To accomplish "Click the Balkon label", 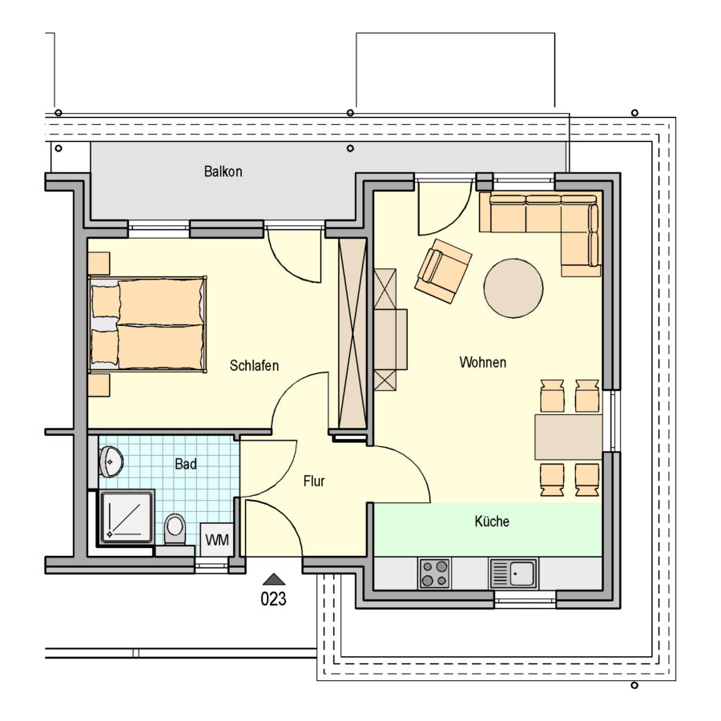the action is (x=223, y=171).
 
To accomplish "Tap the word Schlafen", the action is (x=254, y=365).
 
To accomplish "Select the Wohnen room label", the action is (x=483, y=362).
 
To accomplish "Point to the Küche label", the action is (x=492, y=522).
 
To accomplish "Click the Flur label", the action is (x=314, y=481).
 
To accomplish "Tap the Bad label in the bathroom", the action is (x=186, y=464).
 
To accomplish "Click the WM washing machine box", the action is (x=217, y=540).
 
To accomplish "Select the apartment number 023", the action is (x=274, y=598).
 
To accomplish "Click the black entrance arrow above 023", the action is (x=274, y=579).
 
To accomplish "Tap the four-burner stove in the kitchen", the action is (x=434, y=574).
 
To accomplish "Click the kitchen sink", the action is (x=514, y=574).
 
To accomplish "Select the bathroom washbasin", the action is (x=111, y=461).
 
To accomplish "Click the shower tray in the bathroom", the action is (x=127, y=517).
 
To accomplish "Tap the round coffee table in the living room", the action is (x=514, y=288).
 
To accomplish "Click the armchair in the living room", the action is (x=443, y=271).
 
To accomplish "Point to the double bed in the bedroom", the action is (x=147, y=324).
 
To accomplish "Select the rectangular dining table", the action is (x=568, y=437).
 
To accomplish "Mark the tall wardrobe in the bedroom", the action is (x=352, y=334).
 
